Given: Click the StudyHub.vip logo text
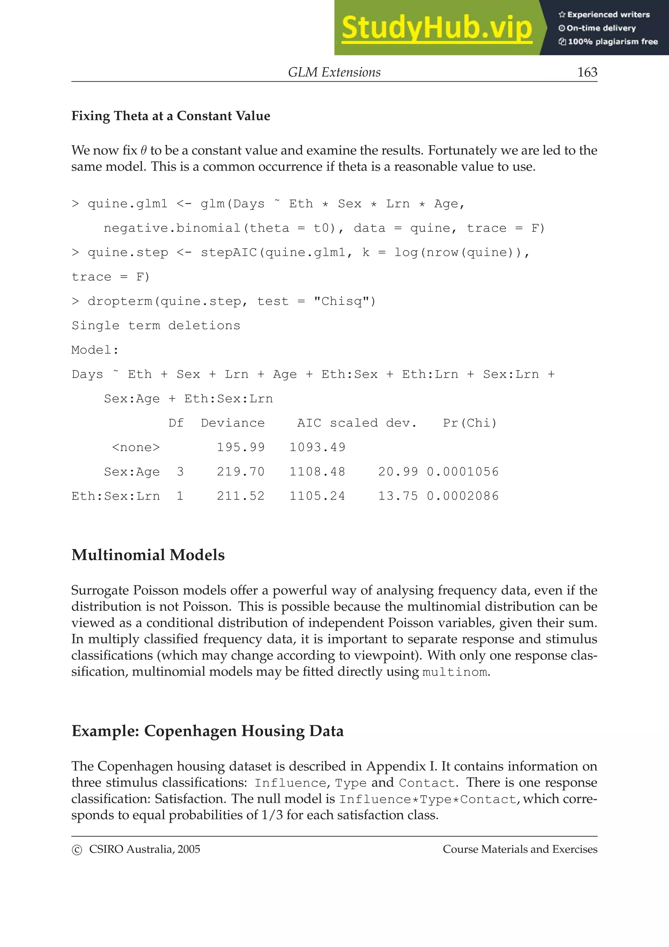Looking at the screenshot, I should [436, 28].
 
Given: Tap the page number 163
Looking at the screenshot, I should [587, 72].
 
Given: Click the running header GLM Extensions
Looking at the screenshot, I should [334, 72].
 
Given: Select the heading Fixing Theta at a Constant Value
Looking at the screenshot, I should [171, 116].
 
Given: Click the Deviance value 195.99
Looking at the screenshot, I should [241, 447].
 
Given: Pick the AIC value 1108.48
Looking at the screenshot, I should [317, 472].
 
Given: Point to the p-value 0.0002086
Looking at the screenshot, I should [463, 496].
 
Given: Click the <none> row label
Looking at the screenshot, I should [136, 447].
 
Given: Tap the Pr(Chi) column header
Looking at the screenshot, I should [470, 423].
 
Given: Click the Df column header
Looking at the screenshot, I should [176, 423].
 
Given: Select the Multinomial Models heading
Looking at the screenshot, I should [148, 555].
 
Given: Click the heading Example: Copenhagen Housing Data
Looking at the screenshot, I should [207, 731].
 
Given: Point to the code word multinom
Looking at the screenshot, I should [455, 672].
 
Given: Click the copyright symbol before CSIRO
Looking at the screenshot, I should [77, 850].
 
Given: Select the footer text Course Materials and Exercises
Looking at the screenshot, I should [520, 849].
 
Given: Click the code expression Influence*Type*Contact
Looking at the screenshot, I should [428, 799].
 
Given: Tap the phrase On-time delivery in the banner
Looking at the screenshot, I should [601, 28].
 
